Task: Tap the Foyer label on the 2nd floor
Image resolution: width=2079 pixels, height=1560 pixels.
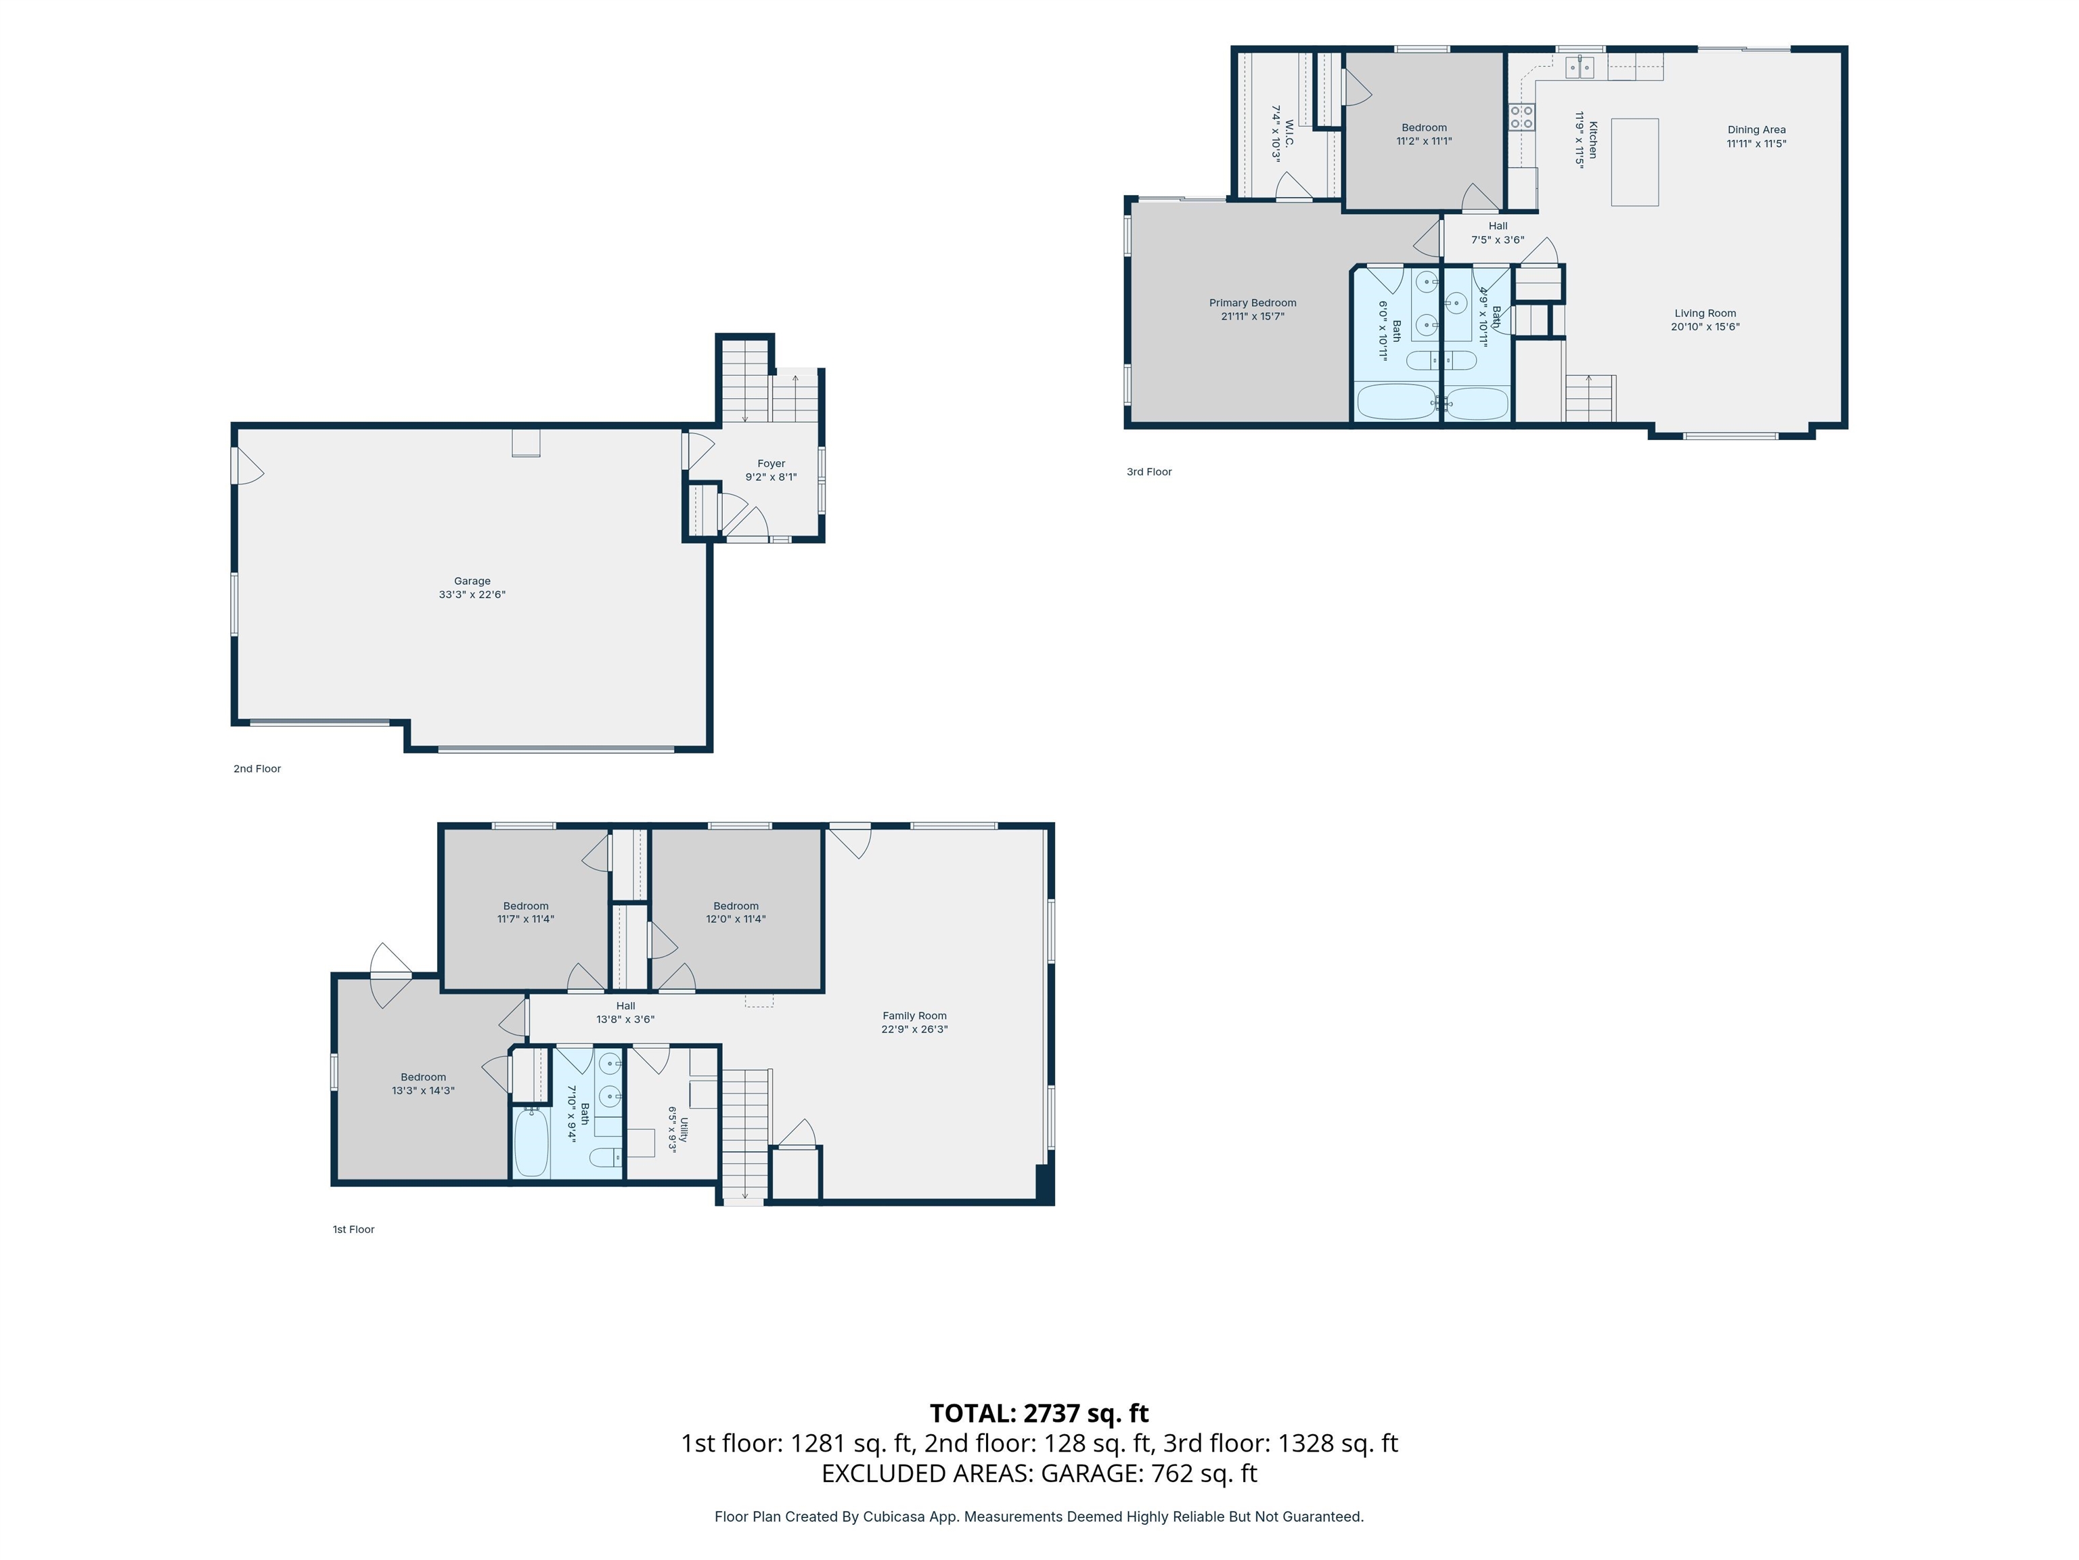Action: (771, 464)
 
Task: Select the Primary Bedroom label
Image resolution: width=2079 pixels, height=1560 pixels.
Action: (1252, 303)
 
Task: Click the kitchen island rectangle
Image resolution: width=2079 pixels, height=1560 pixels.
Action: (1634, 162)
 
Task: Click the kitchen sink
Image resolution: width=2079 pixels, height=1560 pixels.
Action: (1579, 67)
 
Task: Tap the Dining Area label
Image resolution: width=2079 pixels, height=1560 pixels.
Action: (1756, 130)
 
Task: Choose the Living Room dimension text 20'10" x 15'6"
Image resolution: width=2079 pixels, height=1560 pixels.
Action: (1705, 327)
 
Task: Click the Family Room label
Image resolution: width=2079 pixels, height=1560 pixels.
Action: (914, 1016)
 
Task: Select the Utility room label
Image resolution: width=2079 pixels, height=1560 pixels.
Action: (684, 1129)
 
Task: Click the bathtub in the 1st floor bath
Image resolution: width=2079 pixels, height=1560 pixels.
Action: (532, 1141)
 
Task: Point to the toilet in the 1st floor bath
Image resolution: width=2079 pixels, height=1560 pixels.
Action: (604, 1156)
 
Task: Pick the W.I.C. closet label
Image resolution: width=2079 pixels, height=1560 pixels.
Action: (1289, 133)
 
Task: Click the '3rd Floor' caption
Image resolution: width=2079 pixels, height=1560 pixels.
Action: (1148, 472)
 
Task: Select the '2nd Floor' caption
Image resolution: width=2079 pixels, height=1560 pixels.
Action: (256, 769)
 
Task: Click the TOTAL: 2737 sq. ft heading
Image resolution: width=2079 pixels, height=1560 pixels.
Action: (1039, 1413)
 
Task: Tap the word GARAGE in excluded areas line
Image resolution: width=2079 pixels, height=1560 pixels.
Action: (1092, 1473)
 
